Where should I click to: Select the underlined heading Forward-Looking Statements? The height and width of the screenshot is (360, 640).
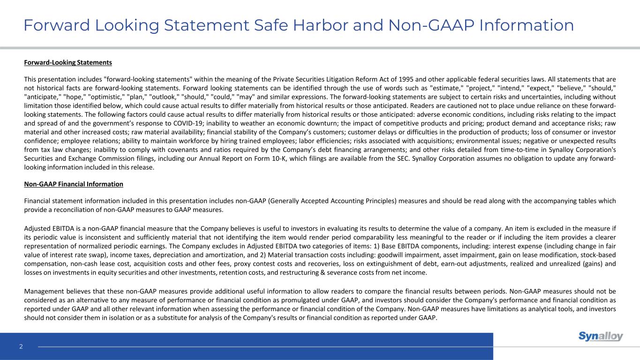tap(68, 62)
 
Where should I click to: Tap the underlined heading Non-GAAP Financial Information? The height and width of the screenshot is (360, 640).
tap(73, 184)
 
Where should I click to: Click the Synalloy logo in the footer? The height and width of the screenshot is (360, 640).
tap(601, 336)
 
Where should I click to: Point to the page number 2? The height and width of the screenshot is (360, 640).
tap(21, 347)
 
